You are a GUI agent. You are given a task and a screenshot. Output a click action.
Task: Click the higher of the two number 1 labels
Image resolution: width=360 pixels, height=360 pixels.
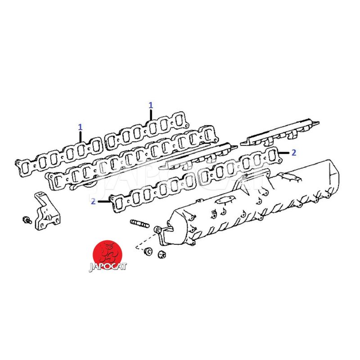[x=151, y=105]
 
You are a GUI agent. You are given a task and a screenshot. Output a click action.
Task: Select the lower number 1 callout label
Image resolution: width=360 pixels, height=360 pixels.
[x=80, y=127]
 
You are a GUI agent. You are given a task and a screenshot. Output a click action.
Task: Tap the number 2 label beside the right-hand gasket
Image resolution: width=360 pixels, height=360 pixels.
[x=294, y=153]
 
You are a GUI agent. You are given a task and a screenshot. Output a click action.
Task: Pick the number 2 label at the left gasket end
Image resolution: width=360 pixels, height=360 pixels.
[x=93, y=201]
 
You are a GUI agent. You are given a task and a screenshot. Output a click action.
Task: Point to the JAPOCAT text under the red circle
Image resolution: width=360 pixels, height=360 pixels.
[x=108, y=267]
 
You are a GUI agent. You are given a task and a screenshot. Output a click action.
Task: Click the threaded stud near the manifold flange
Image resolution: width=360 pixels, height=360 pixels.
[x=139, y=223]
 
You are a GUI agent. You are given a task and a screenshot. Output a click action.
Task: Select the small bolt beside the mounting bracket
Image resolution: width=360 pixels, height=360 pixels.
[x=27, y=220]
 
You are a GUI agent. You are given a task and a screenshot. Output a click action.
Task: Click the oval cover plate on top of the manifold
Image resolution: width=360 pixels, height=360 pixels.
[x=224, y=200]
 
